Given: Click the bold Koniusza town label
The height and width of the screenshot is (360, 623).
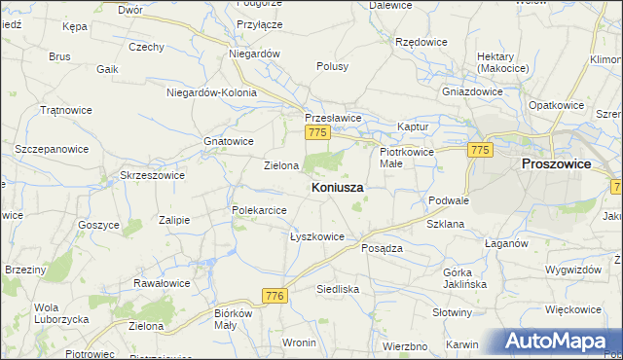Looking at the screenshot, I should [339, 187].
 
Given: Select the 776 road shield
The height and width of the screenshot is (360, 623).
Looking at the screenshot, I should [274, 295].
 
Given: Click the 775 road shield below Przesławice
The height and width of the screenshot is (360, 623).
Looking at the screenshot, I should [315, 132].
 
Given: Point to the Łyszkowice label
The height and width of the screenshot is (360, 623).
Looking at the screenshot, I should [317, 236].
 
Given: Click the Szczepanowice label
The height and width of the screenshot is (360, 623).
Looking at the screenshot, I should [52, 150].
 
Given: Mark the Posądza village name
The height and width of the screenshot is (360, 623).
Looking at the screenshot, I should [382, 248].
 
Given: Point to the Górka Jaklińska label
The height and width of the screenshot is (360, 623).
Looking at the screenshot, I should [464, 278].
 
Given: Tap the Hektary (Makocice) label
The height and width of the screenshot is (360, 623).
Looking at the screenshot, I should [495, 63].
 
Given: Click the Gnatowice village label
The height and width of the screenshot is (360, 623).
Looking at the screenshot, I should [229, 141].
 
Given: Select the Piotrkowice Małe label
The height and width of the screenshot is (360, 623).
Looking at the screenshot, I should [404, 159].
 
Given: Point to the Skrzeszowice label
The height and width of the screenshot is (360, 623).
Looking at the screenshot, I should [152, 174].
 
